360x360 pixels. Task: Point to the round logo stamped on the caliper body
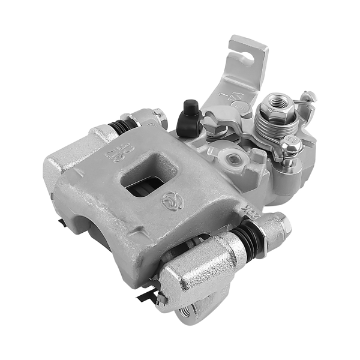pyautogui.click(x=171, y=201)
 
